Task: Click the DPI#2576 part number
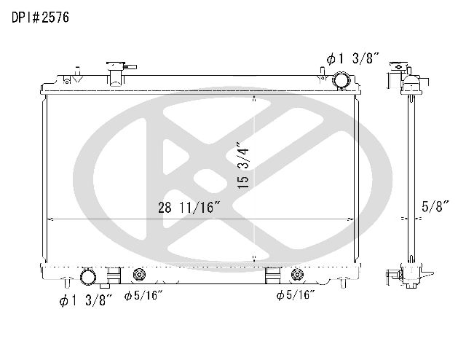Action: click(41, 17)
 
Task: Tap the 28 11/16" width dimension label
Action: click(189, 208)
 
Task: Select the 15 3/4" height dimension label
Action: click(243, 165)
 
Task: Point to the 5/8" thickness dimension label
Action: click(435, 206)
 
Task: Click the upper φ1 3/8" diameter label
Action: click(353, 58)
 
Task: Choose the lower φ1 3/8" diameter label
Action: click(86, 300)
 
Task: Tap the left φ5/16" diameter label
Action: click(143, 295)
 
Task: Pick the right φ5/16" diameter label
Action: click(296, 295)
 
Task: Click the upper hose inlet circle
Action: click(341, 79)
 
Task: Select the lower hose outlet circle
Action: click(88, 276)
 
